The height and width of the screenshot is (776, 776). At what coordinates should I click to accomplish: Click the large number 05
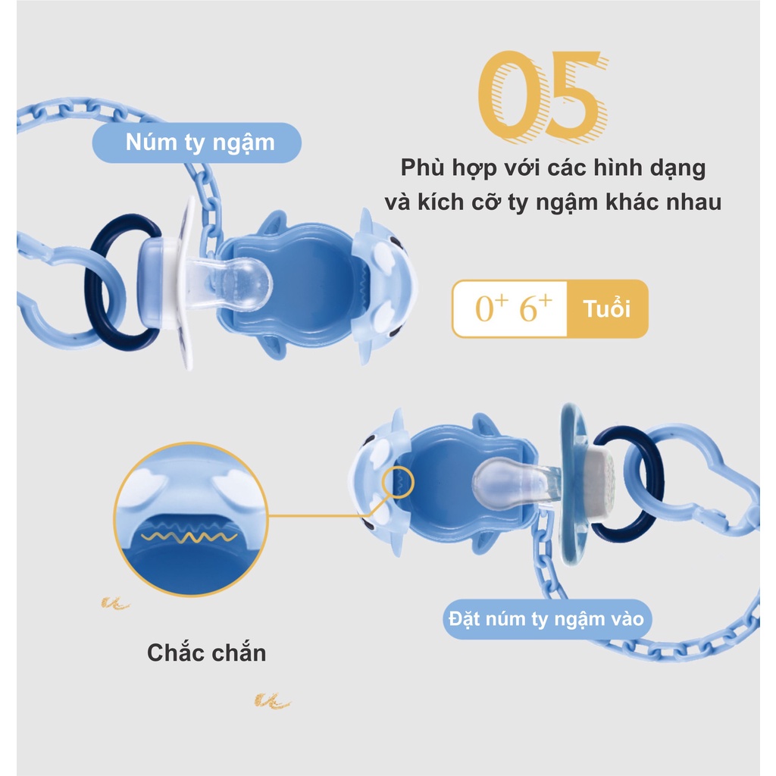point(543,95)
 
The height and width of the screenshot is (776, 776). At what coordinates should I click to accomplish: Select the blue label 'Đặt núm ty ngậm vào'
point(546,619)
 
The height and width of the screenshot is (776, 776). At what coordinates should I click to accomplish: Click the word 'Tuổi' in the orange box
point(606,309)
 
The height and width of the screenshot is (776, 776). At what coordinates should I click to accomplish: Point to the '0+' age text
point(490,309)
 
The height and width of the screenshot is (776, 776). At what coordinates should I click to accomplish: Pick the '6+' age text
point(536,309)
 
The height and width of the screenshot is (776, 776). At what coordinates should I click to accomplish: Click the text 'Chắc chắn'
point(206,652)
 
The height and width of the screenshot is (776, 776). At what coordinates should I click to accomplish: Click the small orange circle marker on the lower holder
point(399,483)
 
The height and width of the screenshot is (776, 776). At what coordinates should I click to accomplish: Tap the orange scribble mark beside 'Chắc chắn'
point(115,604)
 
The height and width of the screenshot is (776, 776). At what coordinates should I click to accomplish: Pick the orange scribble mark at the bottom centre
point(271,701)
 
